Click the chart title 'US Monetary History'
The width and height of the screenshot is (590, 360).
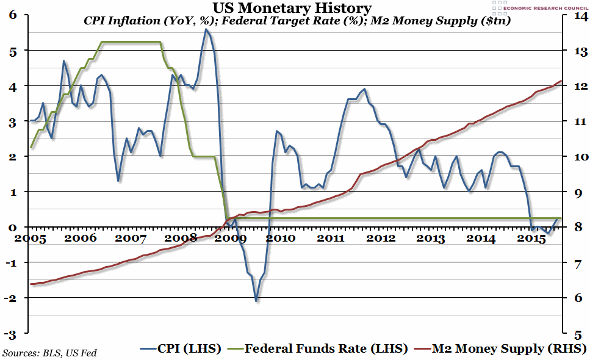click(292, 8)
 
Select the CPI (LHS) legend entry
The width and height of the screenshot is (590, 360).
click(182, 348)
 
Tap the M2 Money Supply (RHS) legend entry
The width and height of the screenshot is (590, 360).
click(499, 348)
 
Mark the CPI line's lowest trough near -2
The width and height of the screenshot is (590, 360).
click(256, 300)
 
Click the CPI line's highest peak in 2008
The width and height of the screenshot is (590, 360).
click(206, 29)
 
